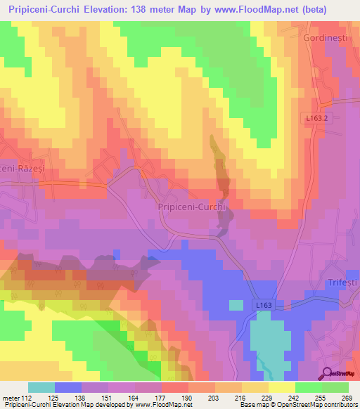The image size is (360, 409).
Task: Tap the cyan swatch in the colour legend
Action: [41, 387]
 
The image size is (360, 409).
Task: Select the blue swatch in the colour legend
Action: [67, 387]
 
